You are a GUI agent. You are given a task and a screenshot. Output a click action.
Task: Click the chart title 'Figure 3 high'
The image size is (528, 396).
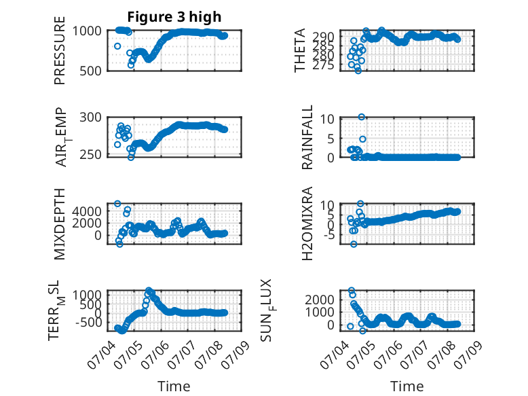tap(174, 17)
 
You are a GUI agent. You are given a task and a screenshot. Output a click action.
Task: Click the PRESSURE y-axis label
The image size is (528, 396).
tap(59, 50)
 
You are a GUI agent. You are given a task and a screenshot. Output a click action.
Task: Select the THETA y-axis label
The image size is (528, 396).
tap(299, 50)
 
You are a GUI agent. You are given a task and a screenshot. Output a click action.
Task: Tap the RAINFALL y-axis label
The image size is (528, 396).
tap(307, 137)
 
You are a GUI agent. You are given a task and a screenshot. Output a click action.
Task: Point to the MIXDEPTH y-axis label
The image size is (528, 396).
tap(59, 223)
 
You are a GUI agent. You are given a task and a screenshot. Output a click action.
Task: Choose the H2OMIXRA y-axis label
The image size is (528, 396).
tap(307, 223)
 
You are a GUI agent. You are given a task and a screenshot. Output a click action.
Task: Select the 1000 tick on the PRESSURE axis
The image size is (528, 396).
tap(87, 31)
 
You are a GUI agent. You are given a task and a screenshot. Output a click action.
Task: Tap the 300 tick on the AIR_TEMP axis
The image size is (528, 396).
tap(90, 118)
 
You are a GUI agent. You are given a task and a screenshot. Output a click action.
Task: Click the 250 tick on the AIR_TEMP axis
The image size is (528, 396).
tap(90, 154)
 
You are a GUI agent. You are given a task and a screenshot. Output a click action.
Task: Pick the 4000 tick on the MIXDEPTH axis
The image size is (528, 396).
tap(87, 211)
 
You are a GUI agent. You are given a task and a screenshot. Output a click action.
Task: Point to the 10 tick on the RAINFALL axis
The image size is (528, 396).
tap(327, 119)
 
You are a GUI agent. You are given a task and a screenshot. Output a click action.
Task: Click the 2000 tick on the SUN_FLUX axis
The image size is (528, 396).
tap(320, 300)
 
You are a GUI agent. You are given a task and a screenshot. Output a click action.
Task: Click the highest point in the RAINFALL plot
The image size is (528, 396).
tap(361, 117)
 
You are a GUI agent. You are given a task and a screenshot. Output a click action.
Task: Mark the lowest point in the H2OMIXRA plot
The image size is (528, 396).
tap(353, 244)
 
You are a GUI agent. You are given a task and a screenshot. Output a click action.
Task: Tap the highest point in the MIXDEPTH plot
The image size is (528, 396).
tap(117, 204)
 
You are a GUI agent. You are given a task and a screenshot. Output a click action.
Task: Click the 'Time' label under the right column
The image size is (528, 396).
tap(407, 386)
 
